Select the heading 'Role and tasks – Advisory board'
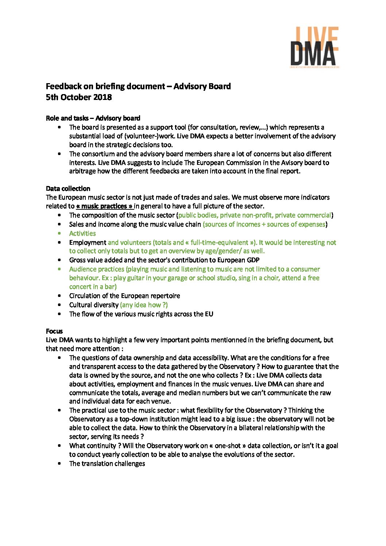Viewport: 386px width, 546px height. coord(93,118)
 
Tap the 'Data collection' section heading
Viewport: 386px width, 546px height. coord(68,189)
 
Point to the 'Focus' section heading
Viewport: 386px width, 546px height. coord(54,331)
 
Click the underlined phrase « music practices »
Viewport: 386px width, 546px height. coord(104,206)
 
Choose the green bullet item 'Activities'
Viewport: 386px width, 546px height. coord(82,233)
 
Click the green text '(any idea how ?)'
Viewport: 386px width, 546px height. coord(144,305)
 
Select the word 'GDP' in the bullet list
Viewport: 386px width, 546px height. coord(252,260)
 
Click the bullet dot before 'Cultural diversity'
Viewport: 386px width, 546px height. coord(59,305)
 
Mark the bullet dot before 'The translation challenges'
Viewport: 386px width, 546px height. coord(59,464)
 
